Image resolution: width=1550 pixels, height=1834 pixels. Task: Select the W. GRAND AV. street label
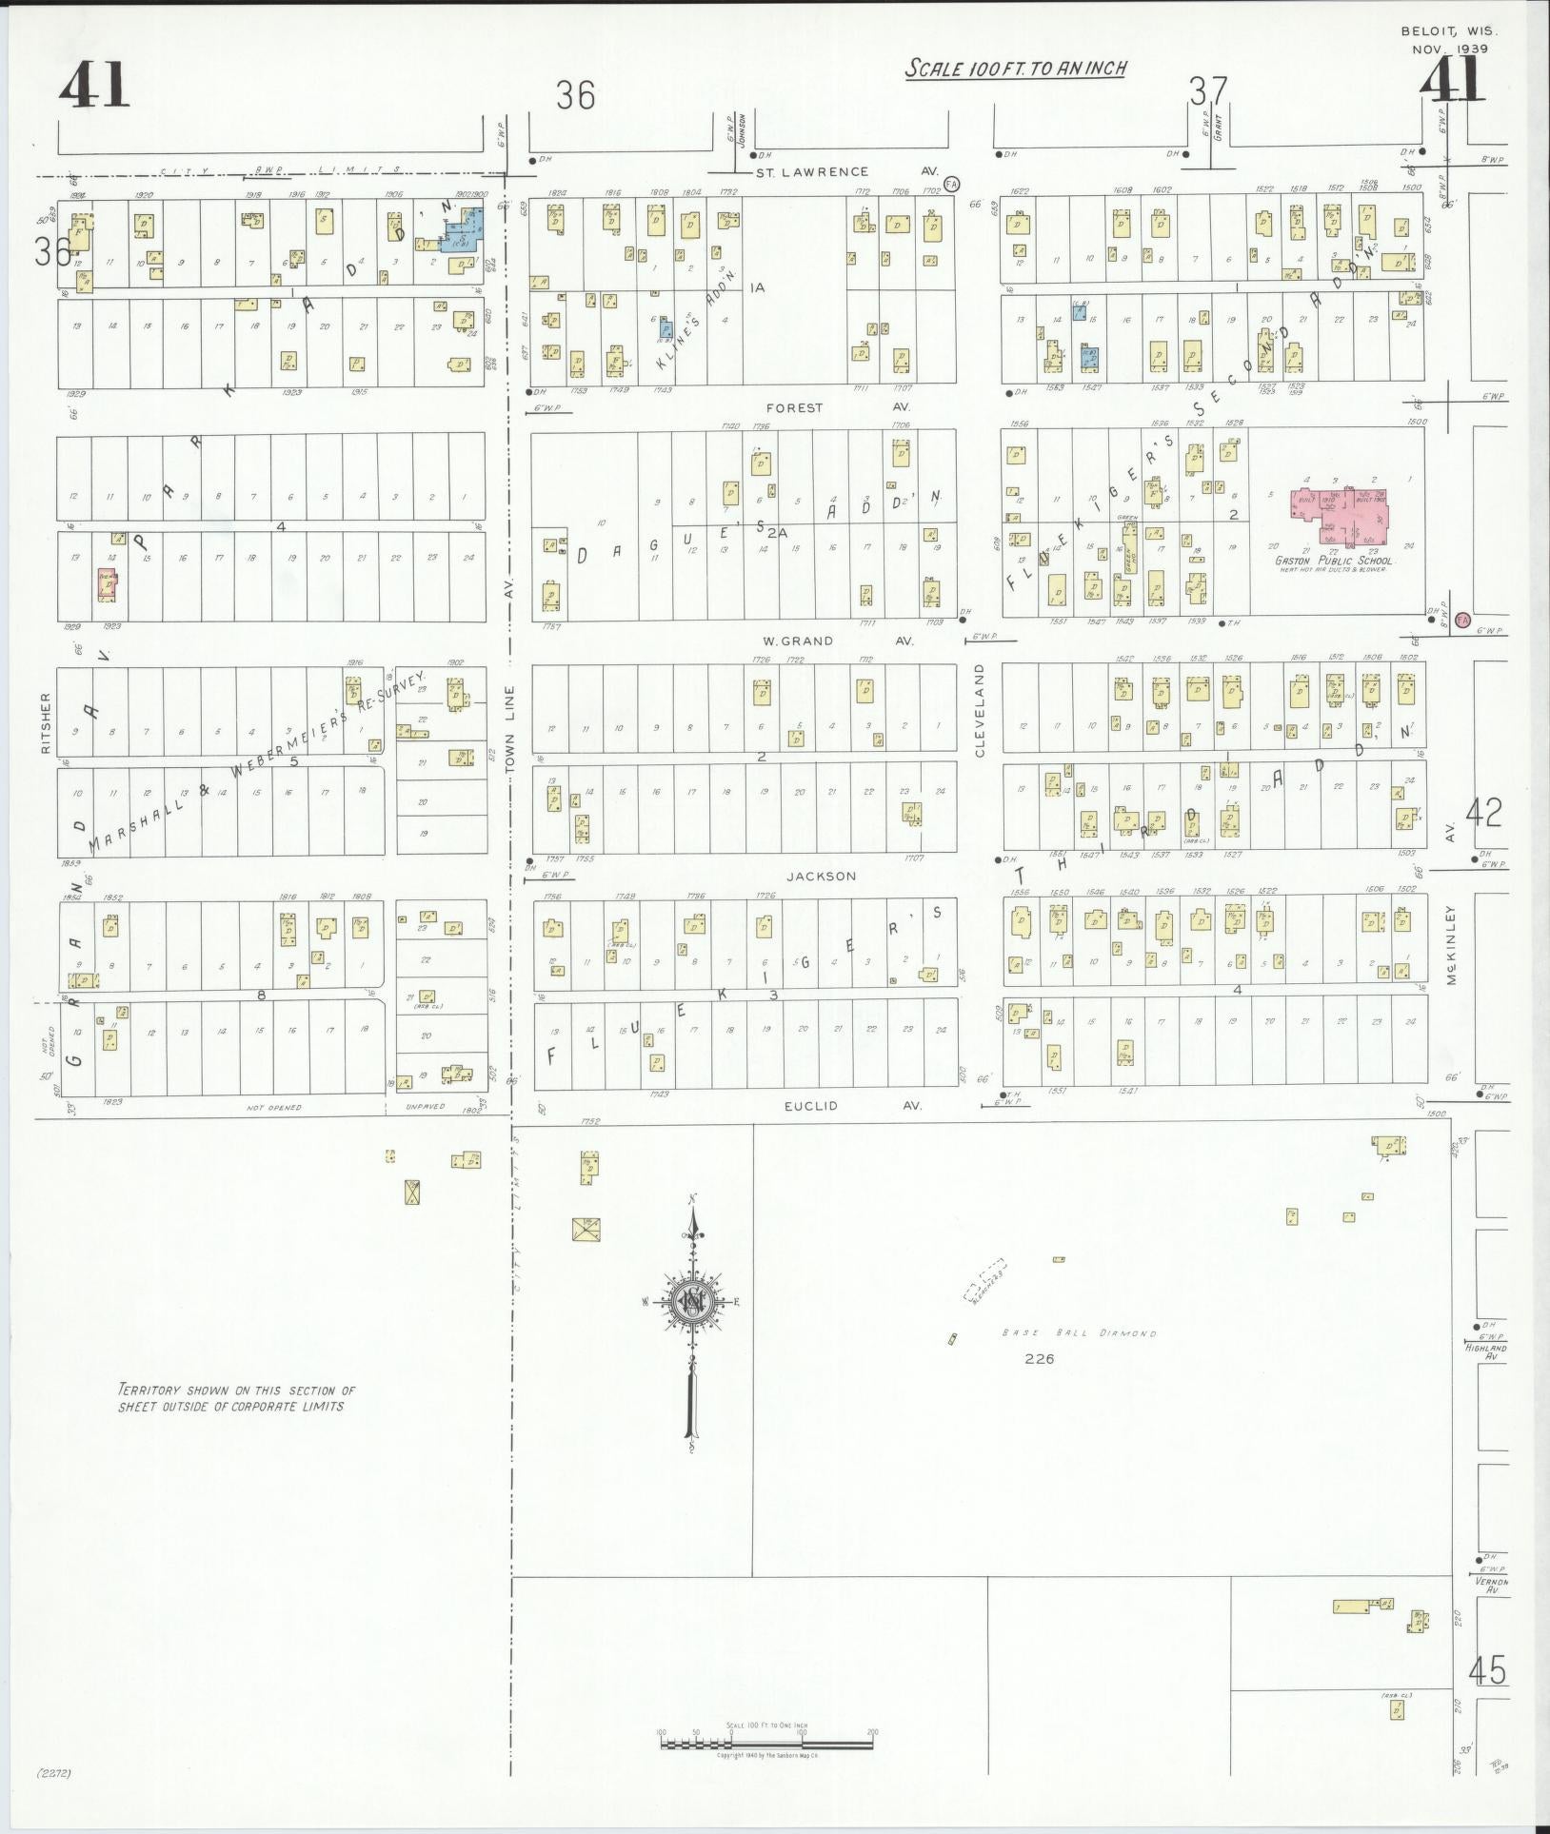pos(839,641)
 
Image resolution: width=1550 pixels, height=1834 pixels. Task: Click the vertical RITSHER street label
pos(45,722)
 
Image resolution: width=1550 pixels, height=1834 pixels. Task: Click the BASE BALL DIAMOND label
pos(1080,1333)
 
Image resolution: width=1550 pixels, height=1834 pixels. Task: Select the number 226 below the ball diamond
pos(1039,1359)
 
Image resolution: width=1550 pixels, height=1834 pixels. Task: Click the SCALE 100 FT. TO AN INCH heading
pos(1015,69)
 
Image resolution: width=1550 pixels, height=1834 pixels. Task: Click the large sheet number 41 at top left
pos(93,87)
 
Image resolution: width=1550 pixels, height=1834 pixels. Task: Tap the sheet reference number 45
pos(1487,1671)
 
